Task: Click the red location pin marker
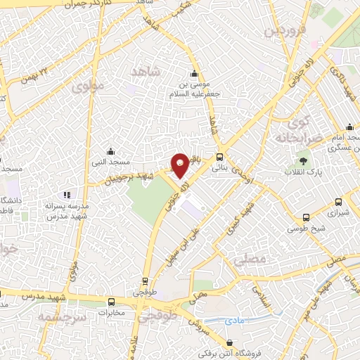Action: pyautogui.click(x=180, y=165)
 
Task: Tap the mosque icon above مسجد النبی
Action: pyautogui.click(x=110, y=150)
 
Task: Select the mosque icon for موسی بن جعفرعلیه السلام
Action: pyautogui.click(x=194, y=75)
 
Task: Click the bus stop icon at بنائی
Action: pyautogui.click(x=220, y=157)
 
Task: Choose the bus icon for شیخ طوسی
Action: pyautogui.click(x=305, y=217)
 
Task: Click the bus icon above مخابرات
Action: pyautogui.click(x=111, y=302)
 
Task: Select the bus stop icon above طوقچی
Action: pyautogui.click(x=145, y=279)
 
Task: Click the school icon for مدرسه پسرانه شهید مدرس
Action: pyautogui.click(x=67, y=194)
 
